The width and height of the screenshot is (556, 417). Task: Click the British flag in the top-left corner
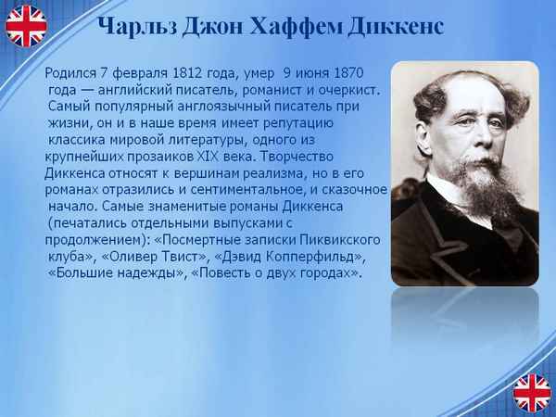click(25, 25)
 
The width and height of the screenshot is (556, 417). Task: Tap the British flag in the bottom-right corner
click(532, 392)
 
